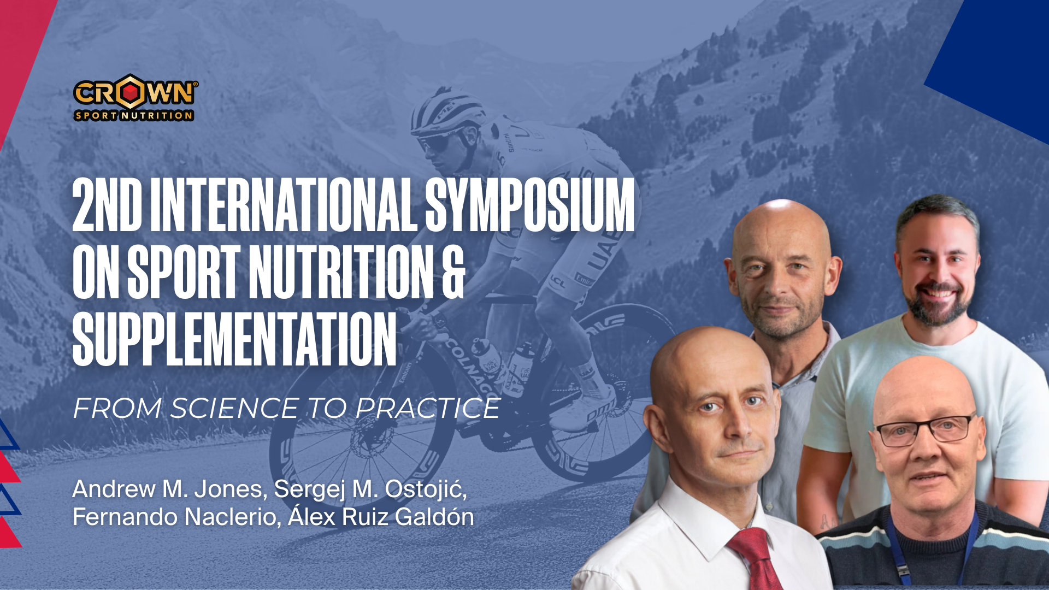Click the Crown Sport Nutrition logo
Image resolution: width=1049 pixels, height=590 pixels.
pyautogui.click(x=135, y=97)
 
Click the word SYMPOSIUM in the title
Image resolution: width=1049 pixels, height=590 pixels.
pyautogui.click(x=530, y=205)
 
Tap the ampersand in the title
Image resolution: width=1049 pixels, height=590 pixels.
pyautogui.click(x=453, y=272)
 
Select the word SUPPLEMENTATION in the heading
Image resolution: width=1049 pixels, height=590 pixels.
pyautogui.click(x=234, y=339)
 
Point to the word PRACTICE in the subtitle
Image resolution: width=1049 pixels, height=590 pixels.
pyautogui.click(x=428, y=408)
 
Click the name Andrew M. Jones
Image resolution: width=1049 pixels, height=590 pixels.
pyautogui.click(x=170, y=489)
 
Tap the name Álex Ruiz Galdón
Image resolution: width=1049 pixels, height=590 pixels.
pyautogui.click(x=381, y=516)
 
